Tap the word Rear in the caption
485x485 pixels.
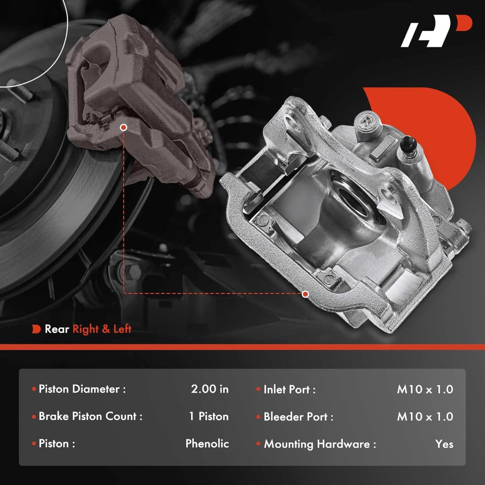point(57,329)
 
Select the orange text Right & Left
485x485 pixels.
point(102,329)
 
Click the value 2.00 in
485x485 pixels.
point(210,389)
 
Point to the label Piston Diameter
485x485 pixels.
point(82,389)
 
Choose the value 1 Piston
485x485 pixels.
point(209,416)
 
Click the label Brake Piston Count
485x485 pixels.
point(90,416)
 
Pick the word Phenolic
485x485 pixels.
point(207,444)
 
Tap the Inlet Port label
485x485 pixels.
point(290,389)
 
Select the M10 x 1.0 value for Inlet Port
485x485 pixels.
point(425,389)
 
